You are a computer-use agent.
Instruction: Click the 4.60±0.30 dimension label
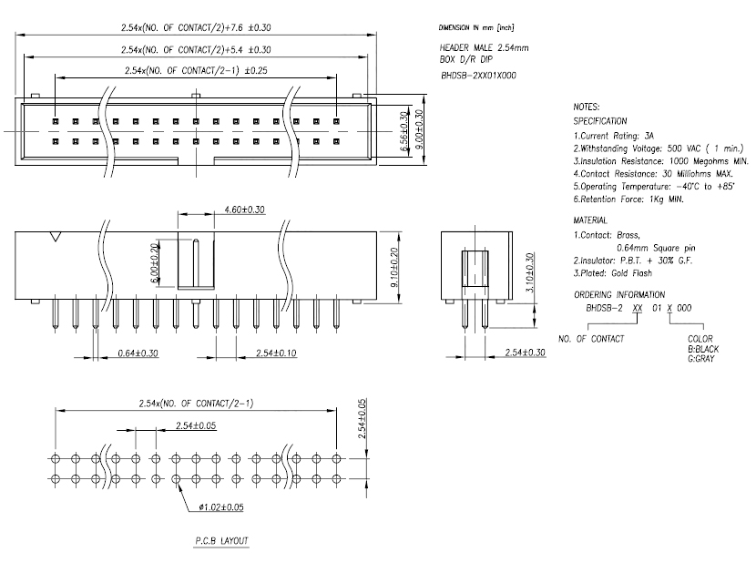[244, 210]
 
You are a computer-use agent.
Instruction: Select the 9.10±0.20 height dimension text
[394, 267]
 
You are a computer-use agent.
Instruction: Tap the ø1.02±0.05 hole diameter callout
[221, 506]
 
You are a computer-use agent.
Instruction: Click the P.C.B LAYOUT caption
[221, 541]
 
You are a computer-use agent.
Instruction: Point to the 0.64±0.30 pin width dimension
[138, 353]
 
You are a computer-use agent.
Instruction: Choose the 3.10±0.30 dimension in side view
[529, 272]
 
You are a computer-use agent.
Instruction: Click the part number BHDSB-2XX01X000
[478, 76]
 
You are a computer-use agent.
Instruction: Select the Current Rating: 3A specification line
[613, 136]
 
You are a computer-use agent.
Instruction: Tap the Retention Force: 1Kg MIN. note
[628, 200]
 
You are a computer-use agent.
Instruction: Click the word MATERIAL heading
[590, 220]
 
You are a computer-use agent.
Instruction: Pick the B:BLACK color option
[703, 349]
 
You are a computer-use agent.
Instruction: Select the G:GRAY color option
[701, 358]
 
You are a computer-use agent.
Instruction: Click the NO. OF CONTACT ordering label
[591, 339]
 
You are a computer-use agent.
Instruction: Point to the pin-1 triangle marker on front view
[56, 236]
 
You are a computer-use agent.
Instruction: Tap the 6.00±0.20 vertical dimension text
[154, 263]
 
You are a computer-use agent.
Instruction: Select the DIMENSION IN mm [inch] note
[476, 28]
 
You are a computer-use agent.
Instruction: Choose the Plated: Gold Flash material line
[613, 273]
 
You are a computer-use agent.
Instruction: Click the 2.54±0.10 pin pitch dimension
[276, 353]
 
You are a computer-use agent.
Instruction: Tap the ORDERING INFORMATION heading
[619, 295]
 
